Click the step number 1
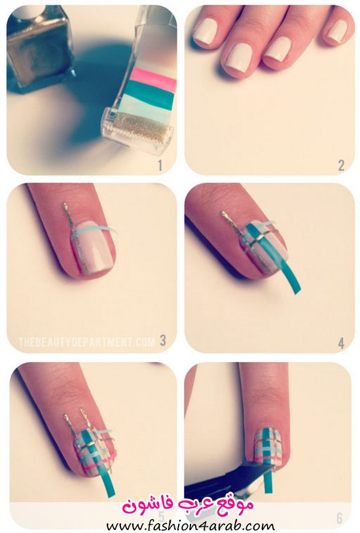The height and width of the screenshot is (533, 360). pos(160,166)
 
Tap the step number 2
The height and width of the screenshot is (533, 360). pos(341,166)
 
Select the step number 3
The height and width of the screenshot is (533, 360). pos(163,340)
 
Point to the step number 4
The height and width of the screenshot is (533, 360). pos(341,343)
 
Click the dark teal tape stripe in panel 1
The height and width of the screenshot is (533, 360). pos(151,91)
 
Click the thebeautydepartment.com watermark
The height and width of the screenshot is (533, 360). pos(86,342)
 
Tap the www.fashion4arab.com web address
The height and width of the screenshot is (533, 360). pos(190,526)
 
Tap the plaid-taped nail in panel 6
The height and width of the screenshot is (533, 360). pos(268,447)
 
